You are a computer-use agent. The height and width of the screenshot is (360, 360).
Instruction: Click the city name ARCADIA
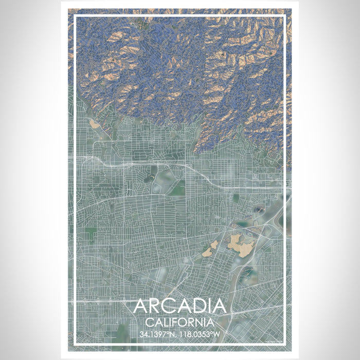[x=179, y=307]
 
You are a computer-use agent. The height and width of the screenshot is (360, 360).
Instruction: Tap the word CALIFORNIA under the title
[x=179, y=323]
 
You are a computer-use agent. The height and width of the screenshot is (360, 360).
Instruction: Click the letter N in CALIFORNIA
[x=199, y=323]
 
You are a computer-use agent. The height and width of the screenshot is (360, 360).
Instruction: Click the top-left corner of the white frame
[x=75, y=16]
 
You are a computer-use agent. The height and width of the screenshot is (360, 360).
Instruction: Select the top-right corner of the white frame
[x=285, y=16]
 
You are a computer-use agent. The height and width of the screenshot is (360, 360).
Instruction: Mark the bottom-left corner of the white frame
[x=75, y=344]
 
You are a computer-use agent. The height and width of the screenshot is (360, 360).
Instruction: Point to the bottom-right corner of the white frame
[x=285, y=344]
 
